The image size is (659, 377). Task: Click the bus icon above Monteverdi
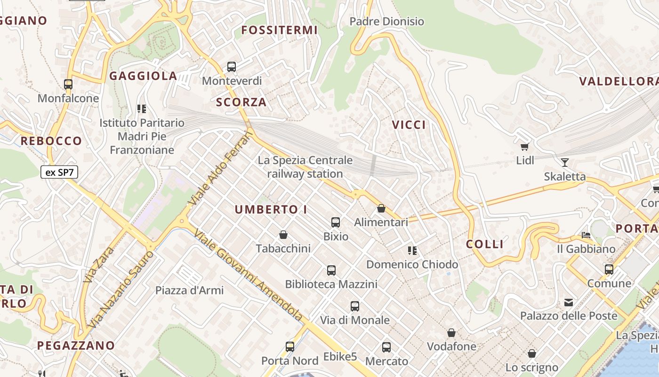point(231,67)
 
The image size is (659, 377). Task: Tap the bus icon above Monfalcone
point(68,84)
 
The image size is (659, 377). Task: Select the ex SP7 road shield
point(59,172)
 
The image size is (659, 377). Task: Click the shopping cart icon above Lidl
point(525,147)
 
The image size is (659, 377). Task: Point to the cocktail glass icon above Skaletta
point(565,163)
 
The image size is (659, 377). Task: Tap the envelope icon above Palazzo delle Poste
point(569,302)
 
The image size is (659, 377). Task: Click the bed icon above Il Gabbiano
point(586,235)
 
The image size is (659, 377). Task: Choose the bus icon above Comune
point(609,270)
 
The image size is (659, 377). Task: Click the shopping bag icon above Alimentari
point(381,208)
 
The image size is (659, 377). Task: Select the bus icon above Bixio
point(336,222)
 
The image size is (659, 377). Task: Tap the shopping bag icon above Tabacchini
point(283,235)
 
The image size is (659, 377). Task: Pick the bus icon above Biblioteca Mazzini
point(331,270)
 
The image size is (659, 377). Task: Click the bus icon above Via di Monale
point(355,306)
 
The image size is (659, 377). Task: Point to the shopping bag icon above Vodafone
point(451,333)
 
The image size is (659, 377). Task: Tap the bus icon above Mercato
point(386,347)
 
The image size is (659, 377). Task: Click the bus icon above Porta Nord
point(290,347)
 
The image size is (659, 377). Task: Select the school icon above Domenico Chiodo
point(412,251)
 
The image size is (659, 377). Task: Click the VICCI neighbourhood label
point(409,125)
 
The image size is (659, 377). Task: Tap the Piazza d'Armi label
point(190,290)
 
